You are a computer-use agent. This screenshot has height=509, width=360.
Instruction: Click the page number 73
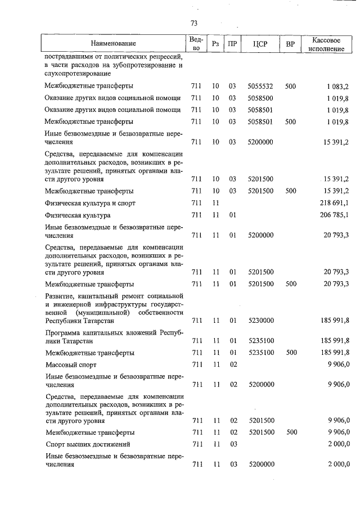193,23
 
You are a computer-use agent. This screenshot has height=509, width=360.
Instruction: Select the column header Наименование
114,43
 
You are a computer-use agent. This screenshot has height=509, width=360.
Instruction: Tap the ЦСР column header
260,44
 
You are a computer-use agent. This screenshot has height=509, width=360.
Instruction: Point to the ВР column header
290,44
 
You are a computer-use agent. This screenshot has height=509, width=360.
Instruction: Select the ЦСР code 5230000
260,320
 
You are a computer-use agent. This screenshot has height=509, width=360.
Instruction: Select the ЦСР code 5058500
260,98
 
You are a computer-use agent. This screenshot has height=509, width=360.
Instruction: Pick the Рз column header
215,44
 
